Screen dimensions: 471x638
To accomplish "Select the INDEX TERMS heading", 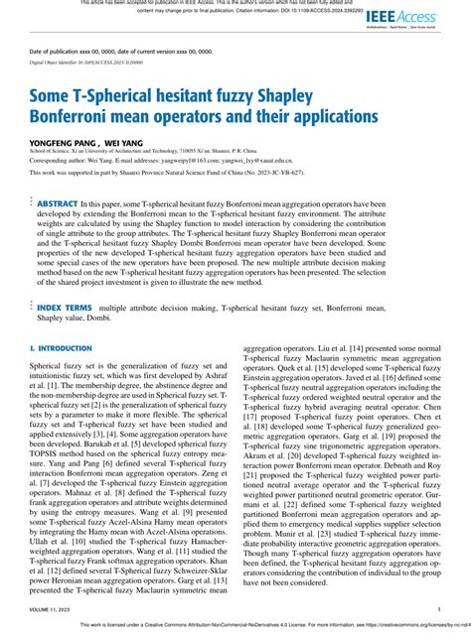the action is [x=66, y=309].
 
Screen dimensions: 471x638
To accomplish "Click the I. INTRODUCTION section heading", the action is [x=61, y=350].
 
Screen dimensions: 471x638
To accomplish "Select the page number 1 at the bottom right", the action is [x=438, y=610].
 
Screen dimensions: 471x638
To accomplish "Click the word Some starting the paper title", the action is [x=56, y=97].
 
